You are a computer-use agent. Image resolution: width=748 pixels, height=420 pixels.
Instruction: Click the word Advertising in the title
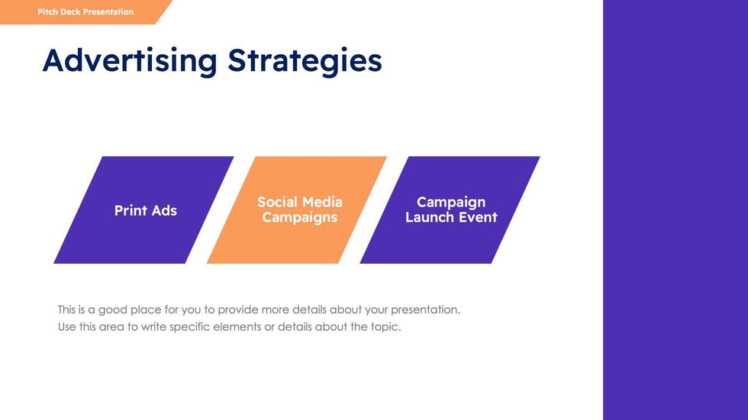(x=130, y=61)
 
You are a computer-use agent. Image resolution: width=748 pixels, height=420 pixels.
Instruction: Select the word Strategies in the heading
(x=305, y=61)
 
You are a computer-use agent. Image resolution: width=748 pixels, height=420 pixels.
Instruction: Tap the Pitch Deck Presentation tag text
(x=85, y=12)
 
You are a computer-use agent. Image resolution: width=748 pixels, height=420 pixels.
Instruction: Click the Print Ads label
(x=146, y=210)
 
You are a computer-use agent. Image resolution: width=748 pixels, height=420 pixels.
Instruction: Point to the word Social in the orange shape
(x=276, y=202)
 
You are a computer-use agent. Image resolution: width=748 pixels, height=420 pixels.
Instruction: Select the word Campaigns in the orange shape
(x=299, y=217)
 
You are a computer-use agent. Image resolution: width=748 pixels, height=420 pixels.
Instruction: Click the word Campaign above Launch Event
(x=451, y=203)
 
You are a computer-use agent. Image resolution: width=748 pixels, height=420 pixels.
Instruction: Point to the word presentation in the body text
(x=426, y=310)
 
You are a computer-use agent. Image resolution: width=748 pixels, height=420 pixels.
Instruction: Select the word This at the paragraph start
(x=67, y=310)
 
